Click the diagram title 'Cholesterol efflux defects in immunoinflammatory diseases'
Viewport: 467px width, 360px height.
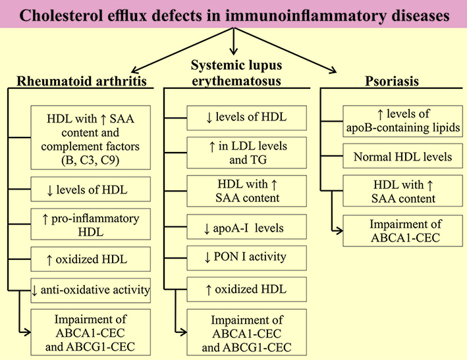(x=234, y=15)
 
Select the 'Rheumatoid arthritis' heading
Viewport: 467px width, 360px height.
(x=82, y=81)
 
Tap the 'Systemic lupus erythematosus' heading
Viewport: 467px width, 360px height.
(x=236, y=73)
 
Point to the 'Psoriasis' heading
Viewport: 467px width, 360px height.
(x=392, y=81)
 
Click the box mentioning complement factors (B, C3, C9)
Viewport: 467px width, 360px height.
(x=90, y=138)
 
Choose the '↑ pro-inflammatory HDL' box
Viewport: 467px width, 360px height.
(x=90, y=224)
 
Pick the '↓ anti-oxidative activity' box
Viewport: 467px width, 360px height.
(x=90, y=290)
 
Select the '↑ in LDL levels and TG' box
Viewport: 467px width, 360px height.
(x=246, y=153)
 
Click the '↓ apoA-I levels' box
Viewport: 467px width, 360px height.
(x=246, y=226)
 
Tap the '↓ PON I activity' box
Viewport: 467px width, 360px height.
(x=246, y=257)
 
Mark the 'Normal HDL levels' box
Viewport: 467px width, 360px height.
(x=402, y=156)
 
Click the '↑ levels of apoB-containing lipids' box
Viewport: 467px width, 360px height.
(x=402, y=121)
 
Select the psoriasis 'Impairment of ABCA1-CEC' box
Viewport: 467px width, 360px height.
(x=402, y=230)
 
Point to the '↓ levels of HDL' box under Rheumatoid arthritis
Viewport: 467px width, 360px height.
(x=90, y=190)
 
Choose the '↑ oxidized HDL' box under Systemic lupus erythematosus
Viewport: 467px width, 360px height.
(x=246, y=289)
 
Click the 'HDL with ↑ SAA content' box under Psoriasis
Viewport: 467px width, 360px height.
(x=402, y=191)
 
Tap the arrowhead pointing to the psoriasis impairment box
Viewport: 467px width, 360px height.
(x=339, y=230)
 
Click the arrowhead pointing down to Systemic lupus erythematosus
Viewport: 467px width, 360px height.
(x=233, y=51)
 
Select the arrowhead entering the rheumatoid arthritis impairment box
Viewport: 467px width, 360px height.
(x=28, y=332)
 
